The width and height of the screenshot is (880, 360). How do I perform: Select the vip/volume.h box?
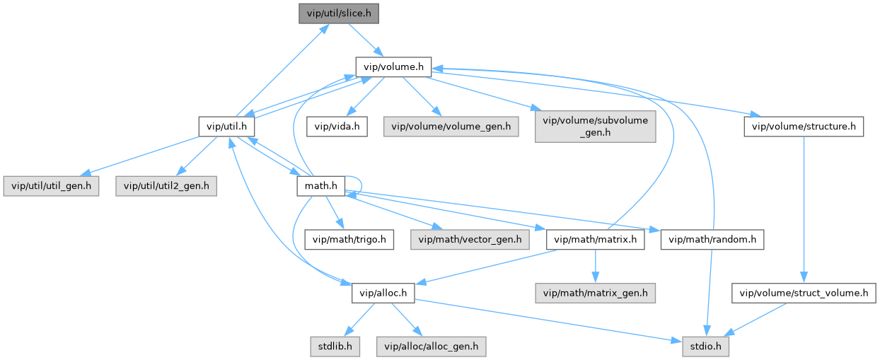pos(393,67)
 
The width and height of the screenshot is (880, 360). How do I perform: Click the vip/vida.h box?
pos(337,127)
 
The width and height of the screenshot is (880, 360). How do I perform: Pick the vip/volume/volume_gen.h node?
pos(451,127)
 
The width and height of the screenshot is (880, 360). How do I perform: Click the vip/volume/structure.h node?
pos(804,127)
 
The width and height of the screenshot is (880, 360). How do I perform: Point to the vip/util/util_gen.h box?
pos(51,186)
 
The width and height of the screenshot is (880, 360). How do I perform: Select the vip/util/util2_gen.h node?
pos(166,186)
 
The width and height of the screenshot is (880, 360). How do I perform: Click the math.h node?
pos(320,186)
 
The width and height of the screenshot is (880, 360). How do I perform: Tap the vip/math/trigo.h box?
pos(349,239)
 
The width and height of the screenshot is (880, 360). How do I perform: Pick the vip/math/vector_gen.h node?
pos(470,239)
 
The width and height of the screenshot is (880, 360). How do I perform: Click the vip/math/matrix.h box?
pos(596,239)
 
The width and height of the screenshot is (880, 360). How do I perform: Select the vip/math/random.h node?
pos(712,239)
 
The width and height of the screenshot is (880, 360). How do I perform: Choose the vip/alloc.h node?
pos(383,292)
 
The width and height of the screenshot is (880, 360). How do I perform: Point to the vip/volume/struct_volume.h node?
pos(804,292)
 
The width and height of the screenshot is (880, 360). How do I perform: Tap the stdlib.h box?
pos(335,346)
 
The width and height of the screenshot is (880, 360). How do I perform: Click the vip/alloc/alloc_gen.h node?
pos(432,346)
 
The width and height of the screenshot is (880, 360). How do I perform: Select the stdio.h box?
pos(706,346)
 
